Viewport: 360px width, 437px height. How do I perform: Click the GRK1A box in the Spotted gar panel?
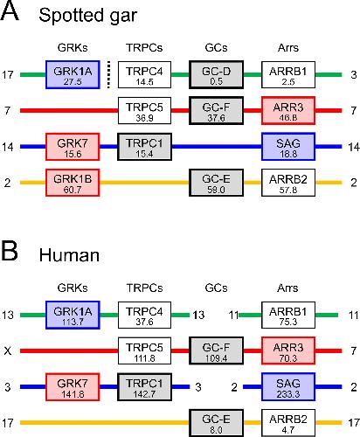(x=73, y=74)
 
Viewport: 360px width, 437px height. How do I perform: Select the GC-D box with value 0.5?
(x=216, y=74)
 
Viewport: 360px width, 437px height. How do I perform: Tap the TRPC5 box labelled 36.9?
(x=144, y=111)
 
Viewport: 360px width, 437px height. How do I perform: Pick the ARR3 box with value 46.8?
(x=288, y=111)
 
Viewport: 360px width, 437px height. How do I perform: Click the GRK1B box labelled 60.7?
(x=73, y=183)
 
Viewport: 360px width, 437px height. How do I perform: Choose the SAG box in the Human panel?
(x=288, y=387)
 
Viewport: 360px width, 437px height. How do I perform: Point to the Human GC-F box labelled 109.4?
(x=216, y=350)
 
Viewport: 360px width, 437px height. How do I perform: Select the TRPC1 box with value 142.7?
(x=144, y=387)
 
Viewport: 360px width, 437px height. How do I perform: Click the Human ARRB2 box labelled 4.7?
(x=288, y=423)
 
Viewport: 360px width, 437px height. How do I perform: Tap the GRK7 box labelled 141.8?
(x=73, y=387)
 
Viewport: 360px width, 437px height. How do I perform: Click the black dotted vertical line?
(x=108, y=74)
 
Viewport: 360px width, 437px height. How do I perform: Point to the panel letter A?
(x=10, y=11)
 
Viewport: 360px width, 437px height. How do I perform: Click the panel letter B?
(x=10, y=251)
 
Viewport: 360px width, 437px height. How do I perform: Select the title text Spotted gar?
(x=87, y=16)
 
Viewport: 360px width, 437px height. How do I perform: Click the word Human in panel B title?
(x=69, y=255)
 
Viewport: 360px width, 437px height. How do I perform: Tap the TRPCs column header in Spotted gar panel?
(x=144, y=48)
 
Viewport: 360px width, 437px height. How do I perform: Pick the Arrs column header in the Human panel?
(x=287, y=288)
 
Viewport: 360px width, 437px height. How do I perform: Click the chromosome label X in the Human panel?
(x=8, y=350)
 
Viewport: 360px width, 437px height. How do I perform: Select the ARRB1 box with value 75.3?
(x=288, y=315)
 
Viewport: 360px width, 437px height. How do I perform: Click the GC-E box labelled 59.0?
(x=216, y=183)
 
